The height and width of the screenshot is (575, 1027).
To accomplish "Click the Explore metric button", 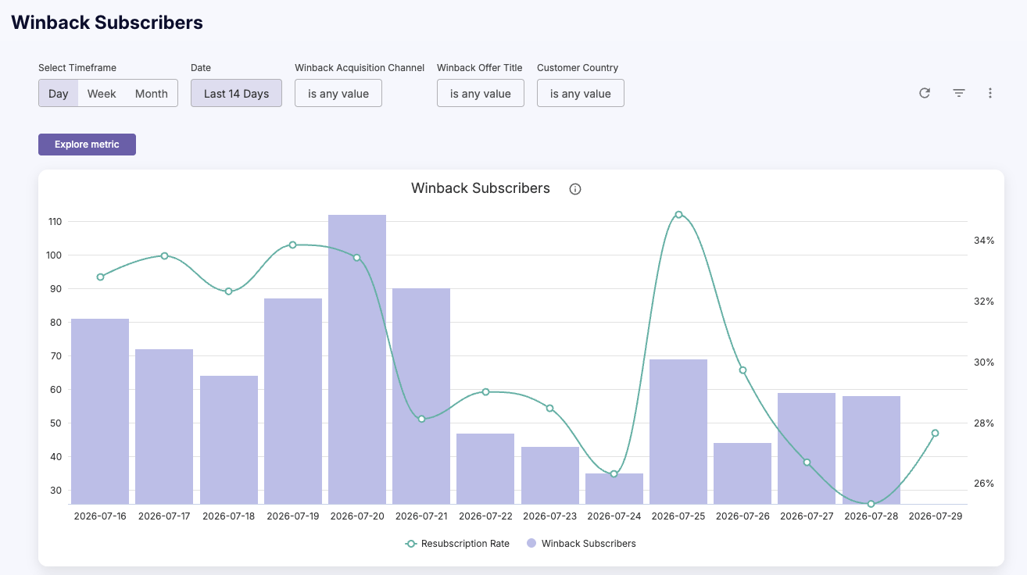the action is (87, 145).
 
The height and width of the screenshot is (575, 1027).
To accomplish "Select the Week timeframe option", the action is (102, 94).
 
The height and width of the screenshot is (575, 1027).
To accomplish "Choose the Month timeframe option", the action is (152, 94).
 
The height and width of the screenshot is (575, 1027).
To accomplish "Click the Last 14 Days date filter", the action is (236, 94).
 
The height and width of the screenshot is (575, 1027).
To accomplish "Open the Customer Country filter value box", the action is (581, 94).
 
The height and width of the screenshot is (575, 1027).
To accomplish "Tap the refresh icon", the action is (925, 93).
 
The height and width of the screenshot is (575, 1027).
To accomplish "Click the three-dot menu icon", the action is (990, 93).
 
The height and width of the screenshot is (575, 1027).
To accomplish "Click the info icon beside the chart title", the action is (575, 189).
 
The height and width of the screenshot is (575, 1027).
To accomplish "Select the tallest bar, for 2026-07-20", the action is (357, 359).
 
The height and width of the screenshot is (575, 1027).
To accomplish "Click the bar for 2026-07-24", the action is (614, 489).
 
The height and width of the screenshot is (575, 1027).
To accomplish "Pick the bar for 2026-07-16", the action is (100, 412).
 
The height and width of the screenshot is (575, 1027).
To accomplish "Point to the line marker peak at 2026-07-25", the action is (679, 214).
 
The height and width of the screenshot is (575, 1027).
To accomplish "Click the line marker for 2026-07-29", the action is (936, 433).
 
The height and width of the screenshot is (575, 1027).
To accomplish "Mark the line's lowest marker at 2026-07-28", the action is (871, 504).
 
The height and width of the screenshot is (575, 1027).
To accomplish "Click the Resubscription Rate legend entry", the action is (457, 544).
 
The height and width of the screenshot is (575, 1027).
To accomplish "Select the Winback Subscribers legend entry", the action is (581, 544).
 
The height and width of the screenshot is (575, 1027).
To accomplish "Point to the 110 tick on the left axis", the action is (55, 222).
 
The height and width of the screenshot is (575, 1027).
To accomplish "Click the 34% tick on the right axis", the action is (984, 241).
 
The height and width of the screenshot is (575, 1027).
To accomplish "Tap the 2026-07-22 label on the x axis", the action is (485, 516).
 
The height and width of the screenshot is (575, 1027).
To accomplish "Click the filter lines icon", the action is (959, 93).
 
